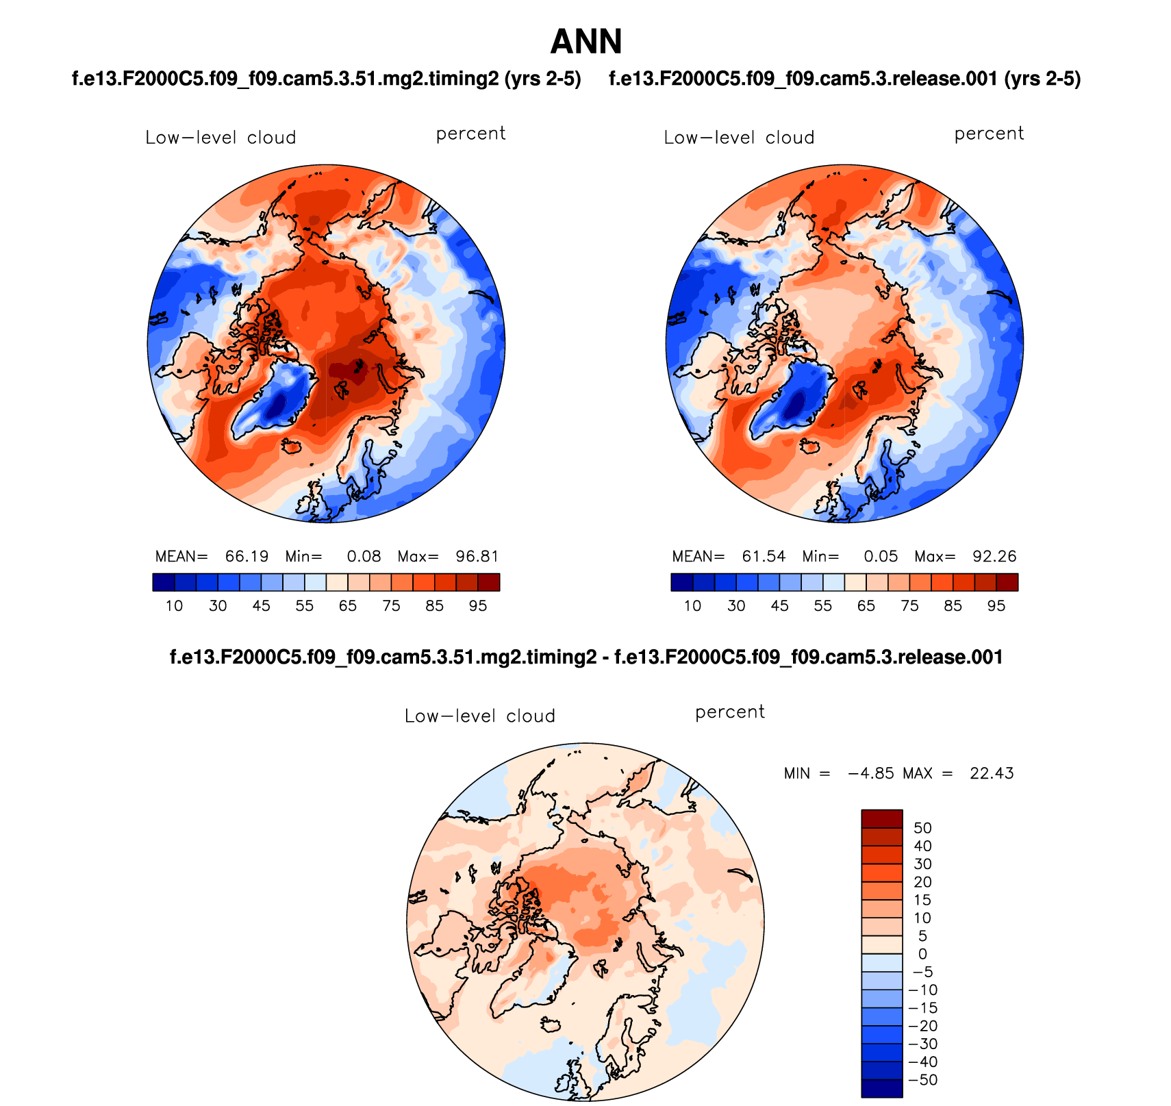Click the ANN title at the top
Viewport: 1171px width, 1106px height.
[586, 42]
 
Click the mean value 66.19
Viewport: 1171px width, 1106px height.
[247, 556]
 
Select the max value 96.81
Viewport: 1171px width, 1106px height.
[477, 556]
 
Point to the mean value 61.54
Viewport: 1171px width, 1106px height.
[764, 556]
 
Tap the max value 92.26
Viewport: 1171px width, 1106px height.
[994, 556]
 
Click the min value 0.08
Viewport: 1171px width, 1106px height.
[364, 556]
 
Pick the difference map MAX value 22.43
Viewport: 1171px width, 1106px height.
[991, 773]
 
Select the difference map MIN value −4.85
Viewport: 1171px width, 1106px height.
[870, 773]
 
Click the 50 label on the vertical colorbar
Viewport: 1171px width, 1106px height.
[922, 828]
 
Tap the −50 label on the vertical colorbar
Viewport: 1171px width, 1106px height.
[922, 1080]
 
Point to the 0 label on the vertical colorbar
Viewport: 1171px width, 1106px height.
[922, 954]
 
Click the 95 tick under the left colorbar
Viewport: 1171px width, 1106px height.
[478, 606]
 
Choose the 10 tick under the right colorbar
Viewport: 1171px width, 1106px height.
[692, 606]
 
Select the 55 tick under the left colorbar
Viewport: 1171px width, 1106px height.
[304, 606]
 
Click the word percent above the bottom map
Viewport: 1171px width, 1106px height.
[729, 712]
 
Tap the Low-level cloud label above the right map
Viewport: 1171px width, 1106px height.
[739, 138]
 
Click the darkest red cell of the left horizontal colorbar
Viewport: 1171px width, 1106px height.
[489, 582]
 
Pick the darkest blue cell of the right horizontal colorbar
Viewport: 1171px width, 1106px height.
[681, 582]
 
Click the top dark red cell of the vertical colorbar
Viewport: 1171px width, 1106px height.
[882, 818]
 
